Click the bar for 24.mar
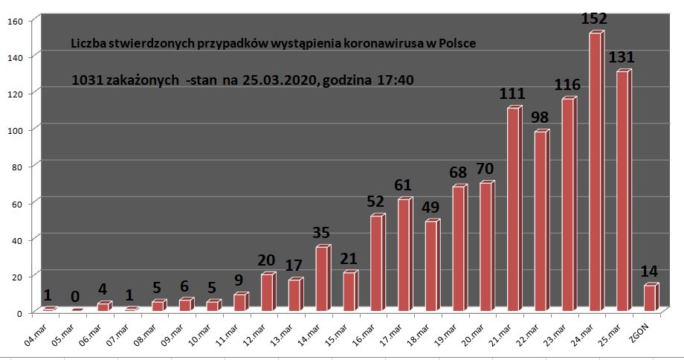click(x=596, y=171)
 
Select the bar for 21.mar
click(x=514, y=208)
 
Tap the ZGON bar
click(x=651, y=298)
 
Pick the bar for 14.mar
click(x=323, y=278)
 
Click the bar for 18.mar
click(x=432, y=265)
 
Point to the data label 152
click(x=594, y=19)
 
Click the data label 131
click(x=622, y=57)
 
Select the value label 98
click(x=540, y=118)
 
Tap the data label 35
click(x=321, y=232)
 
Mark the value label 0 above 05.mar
click(x=75, y=297)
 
